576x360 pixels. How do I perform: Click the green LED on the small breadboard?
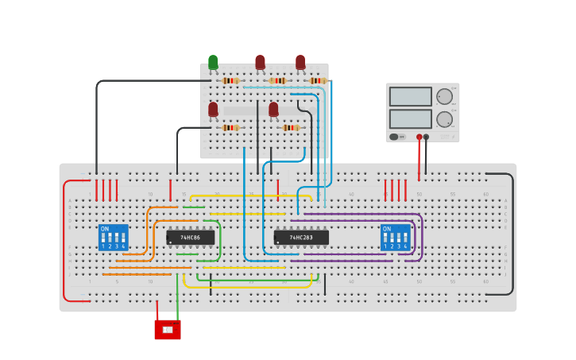(213, 62)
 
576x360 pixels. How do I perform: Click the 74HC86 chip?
(190, 237)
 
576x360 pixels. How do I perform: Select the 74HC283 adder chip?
(300, 237)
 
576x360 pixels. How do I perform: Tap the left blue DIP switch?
(113, 237)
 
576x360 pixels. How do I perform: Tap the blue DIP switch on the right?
(395, 237)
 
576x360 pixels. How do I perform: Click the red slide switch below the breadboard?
(168, 329)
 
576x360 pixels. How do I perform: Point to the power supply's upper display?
(410, 96)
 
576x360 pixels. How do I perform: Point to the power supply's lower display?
(410, 118)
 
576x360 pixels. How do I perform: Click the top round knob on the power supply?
(444, 97)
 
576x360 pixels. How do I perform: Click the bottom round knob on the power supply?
(444, 119)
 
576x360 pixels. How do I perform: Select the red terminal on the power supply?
(419, 137)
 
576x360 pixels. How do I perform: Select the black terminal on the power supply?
(427, 137)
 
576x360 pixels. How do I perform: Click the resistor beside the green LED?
(230, 80)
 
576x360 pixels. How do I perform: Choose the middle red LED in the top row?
(260, 61)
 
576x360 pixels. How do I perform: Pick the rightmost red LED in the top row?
(300, 61)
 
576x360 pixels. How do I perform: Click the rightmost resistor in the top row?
(318, 80)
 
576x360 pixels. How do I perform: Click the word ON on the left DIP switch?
(104, 229)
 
